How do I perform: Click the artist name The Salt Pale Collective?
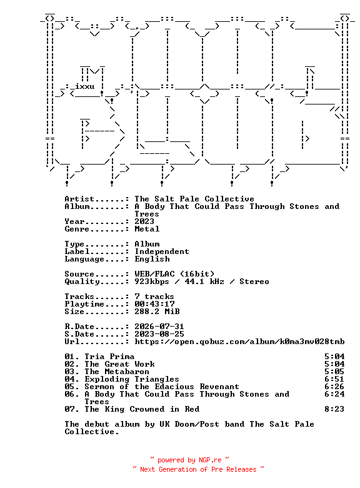[x=194, y=199]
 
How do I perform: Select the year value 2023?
[x=144, y=221]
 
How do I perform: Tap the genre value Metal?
[x=147, y=229]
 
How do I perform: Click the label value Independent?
[x=162, y=252]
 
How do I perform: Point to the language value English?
[x=152, y=259]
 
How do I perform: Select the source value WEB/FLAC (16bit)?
[x=174, y=274]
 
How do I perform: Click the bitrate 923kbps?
[x=152, y=282]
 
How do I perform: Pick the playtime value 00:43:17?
[x=154, y=304]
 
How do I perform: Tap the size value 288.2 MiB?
[x=157, y=311]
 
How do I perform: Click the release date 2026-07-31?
[x=159, y=327]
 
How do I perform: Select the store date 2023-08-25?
[x=159, y=334]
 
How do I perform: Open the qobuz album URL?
[x=239, y=342]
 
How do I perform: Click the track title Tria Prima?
[x=109, y=357]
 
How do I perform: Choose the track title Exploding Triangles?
[x=132, y=379]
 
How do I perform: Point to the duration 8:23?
[x=334, y=409]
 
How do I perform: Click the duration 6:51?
[x=334, y=379]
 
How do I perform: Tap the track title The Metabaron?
[x=117, y=372]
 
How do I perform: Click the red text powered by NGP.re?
[x=189, y=460]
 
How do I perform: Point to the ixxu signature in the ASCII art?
[x=84, y=86]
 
